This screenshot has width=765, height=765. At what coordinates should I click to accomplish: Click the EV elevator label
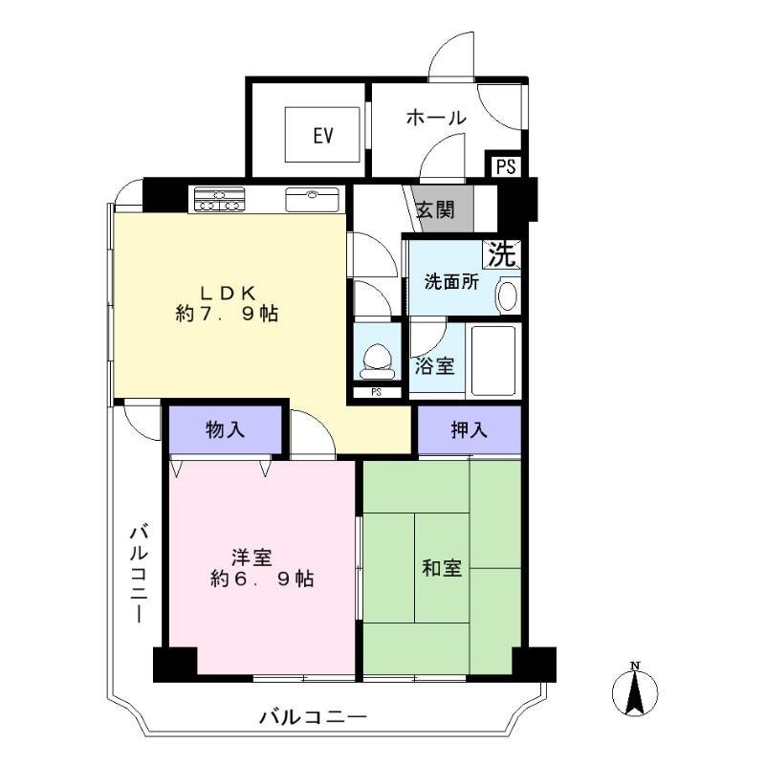coord(323,135)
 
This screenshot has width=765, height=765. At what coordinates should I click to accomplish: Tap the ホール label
coord(436,118)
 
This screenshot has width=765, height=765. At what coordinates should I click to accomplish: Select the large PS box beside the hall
coord(506,166)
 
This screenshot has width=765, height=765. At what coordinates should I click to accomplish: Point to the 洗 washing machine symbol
coord(501,254)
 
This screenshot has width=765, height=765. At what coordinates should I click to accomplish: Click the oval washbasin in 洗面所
coord(507,295)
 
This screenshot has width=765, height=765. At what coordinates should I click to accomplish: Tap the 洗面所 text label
coord(451,282)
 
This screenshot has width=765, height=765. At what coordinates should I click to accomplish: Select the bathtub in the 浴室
coord(492,361)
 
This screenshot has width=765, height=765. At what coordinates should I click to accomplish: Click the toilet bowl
coord(378,361)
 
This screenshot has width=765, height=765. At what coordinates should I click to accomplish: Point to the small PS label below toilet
coord(376,392)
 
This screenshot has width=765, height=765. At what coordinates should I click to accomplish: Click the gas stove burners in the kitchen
coord(219,200)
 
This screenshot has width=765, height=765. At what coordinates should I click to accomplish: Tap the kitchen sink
coord(313,200)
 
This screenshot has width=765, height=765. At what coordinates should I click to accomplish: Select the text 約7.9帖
coord(227,314)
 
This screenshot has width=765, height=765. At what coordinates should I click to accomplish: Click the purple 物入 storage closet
coord(226,429)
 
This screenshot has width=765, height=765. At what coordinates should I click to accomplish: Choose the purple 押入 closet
coord(470,429)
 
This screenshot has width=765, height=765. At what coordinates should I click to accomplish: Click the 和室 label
coord(442,568)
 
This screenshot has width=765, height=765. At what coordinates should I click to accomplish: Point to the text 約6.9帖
coord(262,579)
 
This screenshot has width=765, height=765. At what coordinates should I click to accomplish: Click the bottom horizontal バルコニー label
coord(314,717)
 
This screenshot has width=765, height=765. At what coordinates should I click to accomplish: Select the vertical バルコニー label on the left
coord(139,574)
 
